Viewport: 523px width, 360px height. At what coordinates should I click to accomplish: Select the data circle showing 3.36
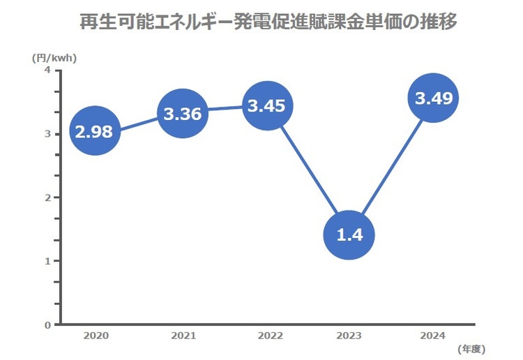[x=183, y=114]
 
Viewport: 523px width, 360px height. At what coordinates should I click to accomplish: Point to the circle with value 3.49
[x=434, y=98]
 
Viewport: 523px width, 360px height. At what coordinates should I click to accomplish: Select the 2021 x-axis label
[x=183, y=336]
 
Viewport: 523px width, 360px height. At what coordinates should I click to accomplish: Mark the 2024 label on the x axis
[x=434, y=336]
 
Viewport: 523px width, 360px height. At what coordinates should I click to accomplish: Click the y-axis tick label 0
[x=47, y=325]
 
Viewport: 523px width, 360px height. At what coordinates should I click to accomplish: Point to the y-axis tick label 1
[x=47, y=262]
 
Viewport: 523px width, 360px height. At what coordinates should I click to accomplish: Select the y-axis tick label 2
[x=47, y=198]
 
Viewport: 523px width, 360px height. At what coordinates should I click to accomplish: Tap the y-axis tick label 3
[x=47, y=134]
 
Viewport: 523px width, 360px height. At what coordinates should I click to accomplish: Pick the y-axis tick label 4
[x=47, y=70]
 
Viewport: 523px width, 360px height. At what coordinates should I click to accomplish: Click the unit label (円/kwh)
[x=54, y=58]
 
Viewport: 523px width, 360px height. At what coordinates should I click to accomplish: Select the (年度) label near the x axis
[x=471, y=347]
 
